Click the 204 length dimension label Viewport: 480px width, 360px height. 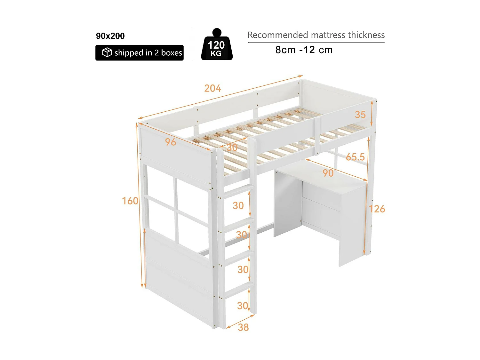[x=212, y=88]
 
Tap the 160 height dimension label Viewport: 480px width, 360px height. [x=130, y=201]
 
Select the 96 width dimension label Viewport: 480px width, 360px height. [x=171, y=142]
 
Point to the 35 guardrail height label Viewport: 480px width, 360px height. [x=360, y=115]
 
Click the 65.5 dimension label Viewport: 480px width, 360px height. [x=355, y=157]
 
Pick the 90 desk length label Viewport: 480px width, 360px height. [x=328, y=173]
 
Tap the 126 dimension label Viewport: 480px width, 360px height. [x=377, y=209]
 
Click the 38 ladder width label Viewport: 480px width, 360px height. [x=243, y=327]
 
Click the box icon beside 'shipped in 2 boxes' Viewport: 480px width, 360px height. [x=107, y=52]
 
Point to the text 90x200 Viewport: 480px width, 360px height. [x=110, y=36]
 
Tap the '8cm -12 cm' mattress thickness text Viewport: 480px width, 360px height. [x=304, y=50]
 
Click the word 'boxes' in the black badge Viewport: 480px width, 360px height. [x=172, y=53]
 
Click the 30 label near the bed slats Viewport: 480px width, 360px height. [x=232, y=148]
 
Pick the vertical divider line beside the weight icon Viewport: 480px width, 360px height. [x=192, y=44]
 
